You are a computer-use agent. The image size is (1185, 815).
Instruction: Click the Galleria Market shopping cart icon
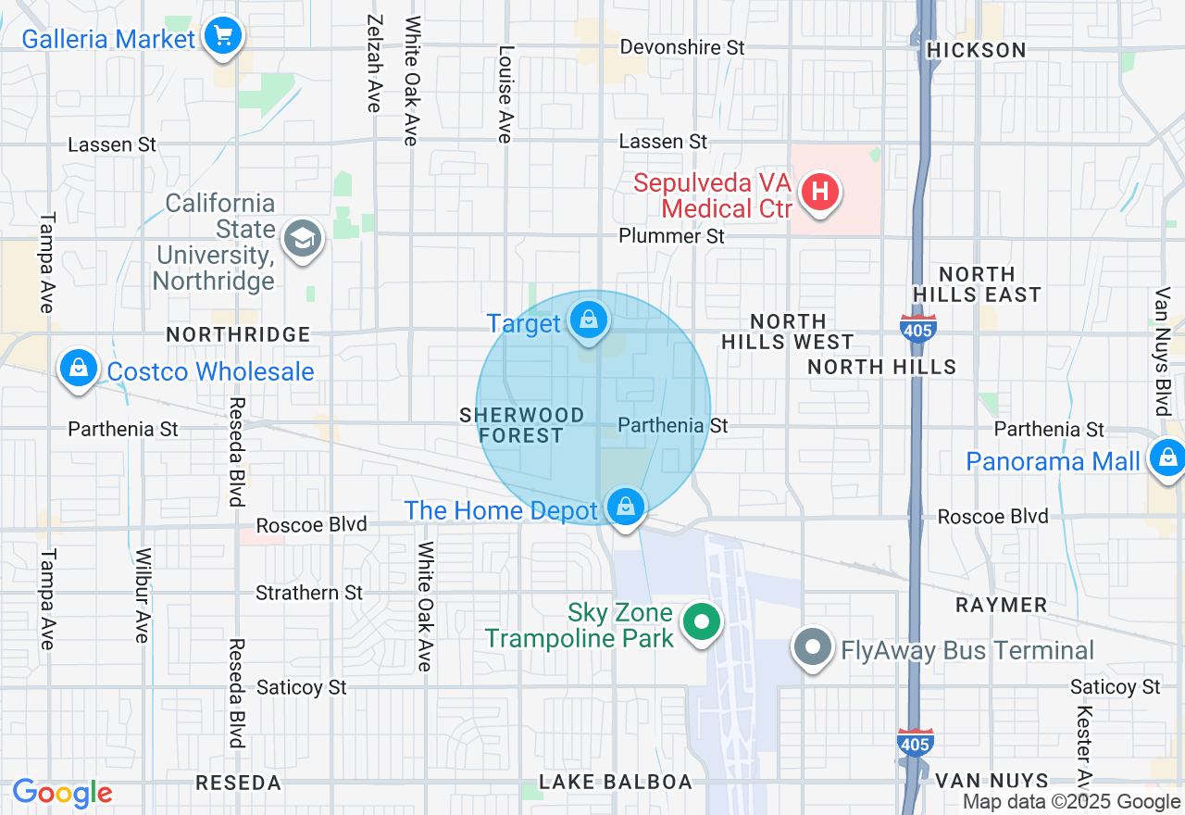tap(223, 36)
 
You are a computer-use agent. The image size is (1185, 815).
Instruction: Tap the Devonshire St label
tap(682, 47)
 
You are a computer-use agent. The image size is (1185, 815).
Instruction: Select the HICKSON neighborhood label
tap(977, 50)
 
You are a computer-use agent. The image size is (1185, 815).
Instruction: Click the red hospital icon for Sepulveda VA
tap(819, 193)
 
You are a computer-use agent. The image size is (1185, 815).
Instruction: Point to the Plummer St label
tap(672, 236)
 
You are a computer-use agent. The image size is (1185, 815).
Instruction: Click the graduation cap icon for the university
tap(302, 240)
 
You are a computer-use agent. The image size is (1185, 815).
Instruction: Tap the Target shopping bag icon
tap(588, 320)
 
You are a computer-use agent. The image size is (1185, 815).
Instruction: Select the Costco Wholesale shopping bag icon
tap(79, 369)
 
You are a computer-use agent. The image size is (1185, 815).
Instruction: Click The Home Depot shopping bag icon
tap(626, 507)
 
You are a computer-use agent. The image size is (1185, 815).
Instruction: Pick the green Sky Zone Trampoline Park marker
tap(702, 621)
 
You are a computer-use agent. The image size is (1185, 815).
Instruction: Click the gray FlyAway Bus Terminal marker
tap(814, 648)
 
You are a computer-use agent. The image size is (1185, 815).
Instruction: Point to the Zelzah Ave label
tap(374, 63)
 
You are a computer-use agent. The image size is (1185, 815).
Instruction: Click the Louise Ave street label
tap(505, 94)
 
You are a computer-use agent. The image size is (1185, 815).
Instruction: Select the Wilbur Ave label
tap(142, 596)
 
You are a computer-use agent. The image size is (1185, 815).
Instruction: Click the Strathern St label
tap(309, 593)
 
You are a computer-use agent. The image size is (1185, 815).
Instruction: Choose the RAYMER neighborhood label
tap(1001, 606)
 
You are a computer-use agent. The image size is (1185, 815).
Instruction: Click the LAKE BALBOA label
tap(616, 783)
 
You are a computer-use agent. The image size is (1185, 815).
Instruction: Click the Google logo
tap(62, 794)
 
